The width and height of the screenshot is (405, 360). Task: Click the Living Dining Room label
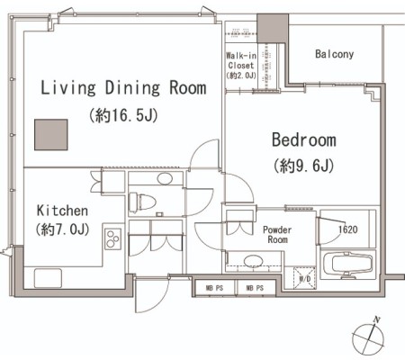coord(123,88)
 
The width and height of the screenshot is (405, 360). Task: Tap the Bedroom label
coord(304,139)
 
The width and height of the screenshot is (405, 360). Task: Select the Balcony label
coord(334,54)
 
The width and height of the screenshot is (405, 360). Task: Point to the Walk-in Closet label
coord(241,60)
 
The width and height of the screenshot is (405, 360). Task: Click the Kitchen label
coord(62,211)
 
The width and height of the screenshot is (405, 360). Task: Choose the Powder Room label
coord(277,235)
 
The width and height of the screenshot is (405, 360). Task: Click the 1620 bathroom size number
coord(348,229)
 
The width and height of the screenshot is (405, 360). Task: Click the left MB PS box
coord(214,288)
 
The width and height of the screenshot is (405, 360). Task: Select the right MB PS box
coord(255,288)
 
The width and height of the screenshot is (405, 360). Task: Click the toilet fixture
coord(142,202)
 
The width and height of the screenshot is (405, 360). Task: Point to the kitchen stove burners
coord(113,238)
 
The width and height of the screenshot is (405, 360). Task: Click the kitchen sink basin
coord(48,278)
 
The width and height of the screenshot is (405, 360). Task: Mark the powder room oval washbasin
coord(254,261)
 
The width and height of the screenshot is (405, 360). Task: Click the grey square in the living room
coord(51,135)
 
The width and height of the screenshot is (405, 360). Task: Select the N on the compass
coord(376,319)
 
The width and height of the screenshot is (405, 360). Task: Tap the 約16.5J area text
coord(123,115)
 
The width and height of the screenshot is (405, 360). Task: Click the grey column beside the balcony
coord(273,29)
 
